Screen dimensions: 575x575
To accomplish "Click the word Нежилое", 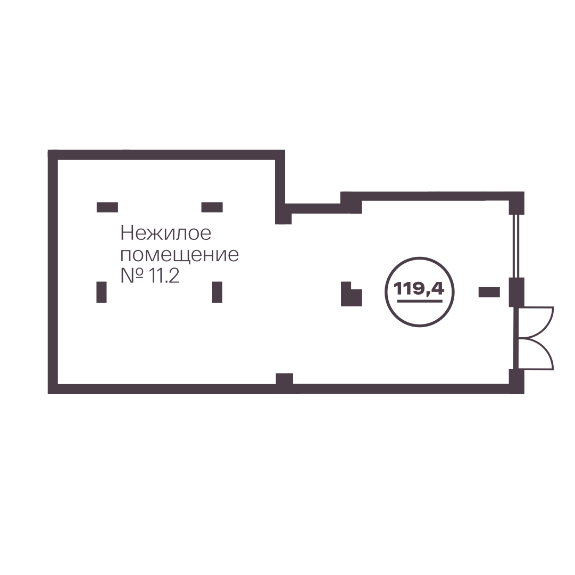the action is pos(166,233).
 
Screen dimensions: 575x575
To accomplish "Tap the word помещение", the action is pos(180,255).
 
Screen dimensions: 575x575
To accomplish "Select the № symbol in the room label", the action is pos(131,276).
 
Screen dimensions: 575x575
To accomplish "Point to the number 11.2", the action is pos(164,276).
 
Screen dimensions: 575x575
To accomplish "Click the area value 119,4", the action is pos(419,289).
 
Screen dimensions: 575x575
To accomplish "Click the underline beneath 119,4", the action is pos(420,301).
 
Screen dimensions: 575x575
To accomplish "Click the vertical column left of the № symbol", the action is pos(102,292).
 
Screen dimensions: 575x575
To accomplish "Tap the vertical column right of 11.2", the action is pos(218,292).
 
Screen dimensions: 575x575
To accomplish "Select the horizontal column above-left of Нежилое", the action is pos(107,207).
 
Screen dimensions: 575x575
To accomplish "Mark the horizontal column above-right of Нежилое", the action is pos(212,207).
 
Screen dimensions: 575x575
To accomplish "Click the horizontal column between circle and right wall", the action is pos(489,292).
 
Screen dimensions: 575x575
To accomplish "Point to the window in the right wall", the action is pos(515,246).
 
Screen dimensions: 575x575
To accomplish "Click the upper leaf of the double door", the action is pos(536,322).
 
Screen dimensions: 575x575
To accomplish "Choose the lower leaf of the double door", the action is pos(536,354).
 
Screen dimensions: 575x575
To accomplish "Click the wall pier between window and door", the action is pos(516,292).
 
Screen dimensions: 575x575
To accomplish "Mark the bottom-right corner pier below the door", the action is pos(516,381).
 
